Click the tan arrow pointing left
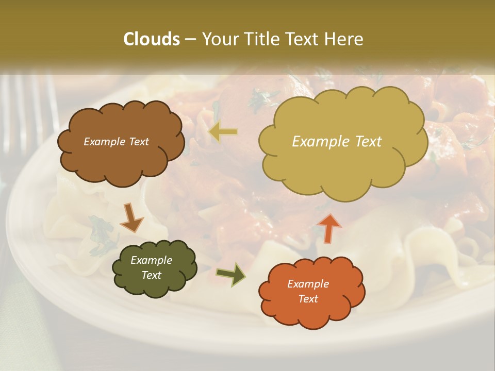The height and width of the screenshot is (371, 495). pos(223,132)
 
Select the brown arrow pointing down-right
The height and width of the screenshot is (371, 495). pos(132,217)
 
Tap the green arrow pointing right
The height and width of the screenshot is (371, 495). pos(230,274)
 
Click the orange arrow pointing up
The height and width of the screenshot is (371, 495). pos(328,227)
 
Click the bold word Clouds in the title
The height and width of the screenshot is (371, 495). pos(152,39)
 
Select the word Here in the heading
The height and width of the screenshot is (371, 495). pos(345,39)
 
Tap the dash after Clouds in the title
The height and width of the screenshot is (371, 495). pos(191,39)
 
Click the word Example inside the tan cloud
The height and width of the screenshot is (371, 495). pos(316,142)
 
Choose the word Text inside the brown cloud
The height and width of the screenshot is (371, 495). pos(138,142)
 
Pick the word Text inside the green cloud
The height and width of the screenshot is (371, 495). pos(151,275)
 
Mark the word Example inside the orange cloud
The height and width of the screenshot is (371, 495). pos(308,284)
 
